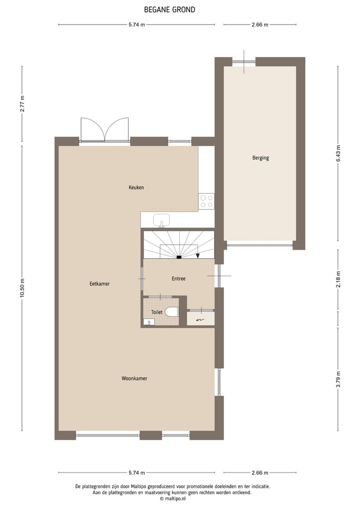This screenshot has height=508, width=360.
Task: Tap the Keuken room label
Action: (x=136, y=188)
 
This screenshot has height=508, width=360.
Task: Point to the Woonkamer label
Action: (x=134, y=379)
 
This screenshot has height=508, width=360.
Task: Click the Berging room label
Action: (x=260, y=158)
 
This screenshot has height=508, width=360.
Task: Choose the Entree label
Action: (x=178, y=279)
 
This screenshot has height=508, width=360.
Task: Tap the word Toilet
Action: (x=156, y=312)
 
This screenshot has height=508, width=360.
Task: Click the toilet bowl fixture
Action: (x=171, y=312)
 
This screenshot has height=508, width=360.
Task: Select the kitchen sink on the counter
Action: (x=161, y=219)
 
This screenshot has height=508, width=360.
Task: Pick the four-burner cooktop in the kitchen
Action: (x=206, y=201)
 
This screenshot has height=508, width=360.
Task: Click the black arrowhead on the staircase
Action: (x=198, y=256)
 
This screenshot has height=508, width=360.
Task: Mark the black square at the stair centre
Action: (x=178, y=257)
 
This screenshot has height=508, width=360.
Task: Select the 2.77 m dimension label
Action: (x=22, y=104)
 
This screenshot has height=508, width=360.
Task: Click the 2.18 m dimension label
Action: (x=338, y=279)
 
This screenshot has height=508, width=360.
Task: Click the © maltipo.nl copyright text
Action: (x=173, y=499)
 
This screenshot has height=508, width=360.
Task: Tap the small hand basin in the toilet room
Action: (x=148, y=322)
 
